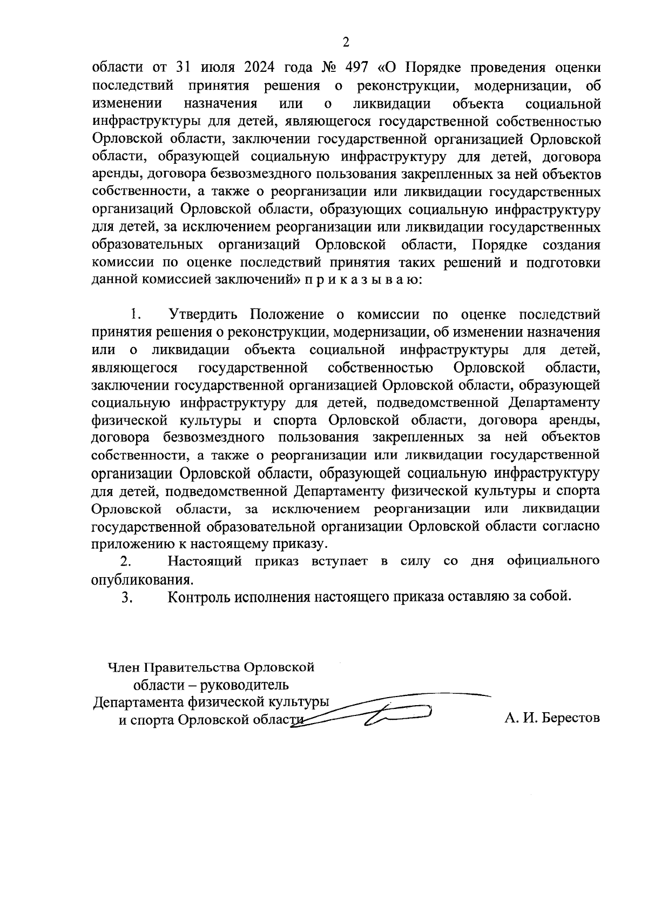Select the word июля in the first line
(x=216, y=68)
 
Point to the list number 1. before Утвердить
(x=135, y=315)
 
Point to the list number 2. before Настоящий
(x=125, y=561)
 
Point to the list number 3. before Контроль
(x=127, y=597)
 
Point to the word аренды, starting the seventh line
(x=114, y=175)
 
